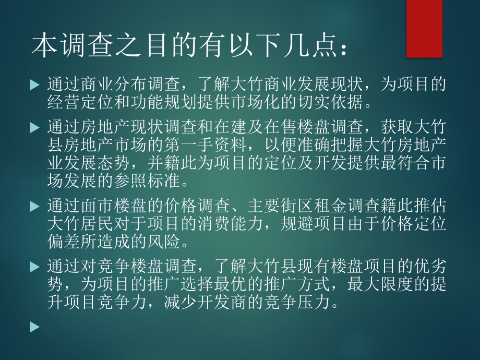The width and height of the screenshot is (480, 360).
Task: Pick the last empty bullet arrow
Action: point(34,328)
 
